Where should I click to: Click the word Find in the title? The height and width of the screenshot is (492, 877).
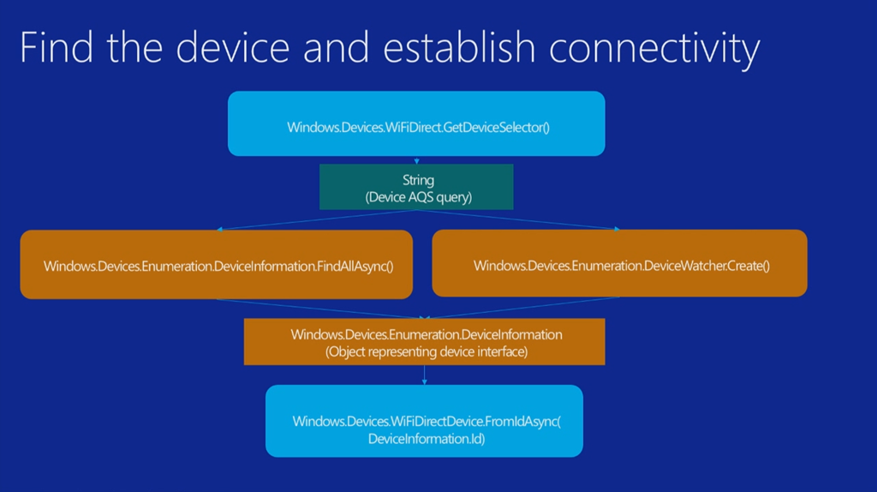[56, 48]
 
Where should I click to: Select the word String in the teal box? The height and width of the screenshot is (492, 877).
[418, 180]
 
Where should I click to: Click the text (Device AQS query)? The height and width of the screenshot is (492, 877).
[418, 196]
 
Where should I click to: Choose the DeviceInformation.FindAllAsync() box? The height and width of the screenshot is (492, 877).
[218, 265]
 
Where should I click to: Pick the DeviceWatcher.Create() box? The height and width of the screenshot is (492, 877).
[620, 264]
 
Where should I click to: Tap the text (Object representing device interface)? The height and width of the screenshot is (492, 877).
[426, 351]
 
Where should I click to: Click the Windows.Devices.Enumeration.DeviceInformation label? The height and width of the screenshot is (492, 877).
[426, 334]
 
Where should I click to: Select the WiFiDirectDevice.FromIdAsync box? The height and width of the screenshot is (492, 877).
[425, 421]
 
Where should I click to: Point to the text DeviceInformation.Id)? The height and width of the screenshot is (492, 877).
[426, 439]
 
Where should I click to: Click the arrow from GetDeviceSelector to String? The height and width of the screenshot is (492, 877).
[416, 160]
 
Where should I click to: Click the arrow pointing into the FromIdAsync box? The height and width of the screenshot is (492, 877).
[424, 375]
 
